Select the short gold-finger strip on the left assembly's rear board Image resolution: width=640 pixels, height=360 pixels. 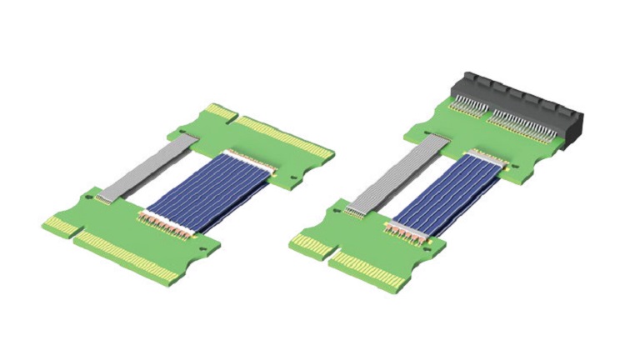pyautogui.click(x=222, y=112)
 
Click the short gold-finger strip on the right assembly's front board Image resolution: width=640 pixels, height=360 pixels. pyautogui.click(x=310, y=244)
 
